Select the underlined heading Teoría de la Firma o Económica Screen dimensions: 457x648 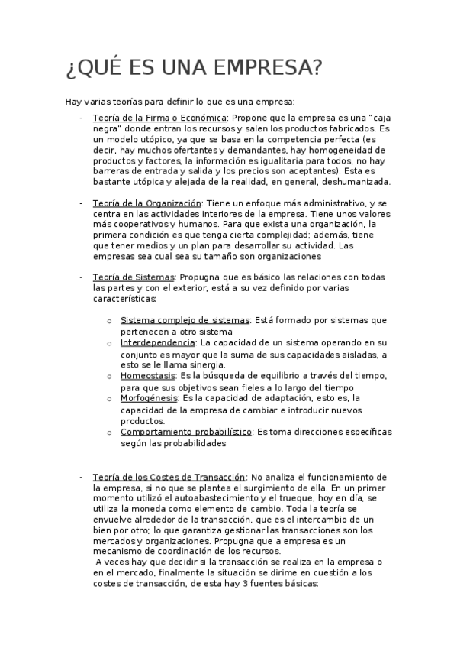pos(159,118)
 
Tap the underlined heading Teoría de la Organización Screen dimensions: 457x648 pos(146,203)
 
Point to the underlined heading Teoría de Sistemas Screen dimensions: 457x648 pos(134,277)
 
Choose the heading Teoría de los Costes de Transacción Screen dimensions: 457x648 pos(169,476)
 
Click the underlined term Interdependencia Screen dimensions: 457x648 pos(157,343)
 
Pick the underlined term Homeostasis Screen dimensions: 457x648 pos(147,376)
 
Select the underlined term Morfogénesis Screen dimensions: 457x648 pos(149,398)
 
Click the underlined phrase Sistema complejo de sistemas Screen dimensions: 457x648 pos(185,321)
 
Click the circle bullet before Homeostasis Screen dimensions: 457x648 pos(111,377)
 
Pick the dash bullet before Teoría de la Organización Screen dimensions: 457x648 pos(81,204)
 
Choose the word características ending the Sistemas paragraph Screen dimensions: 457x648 pos(129,299)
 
